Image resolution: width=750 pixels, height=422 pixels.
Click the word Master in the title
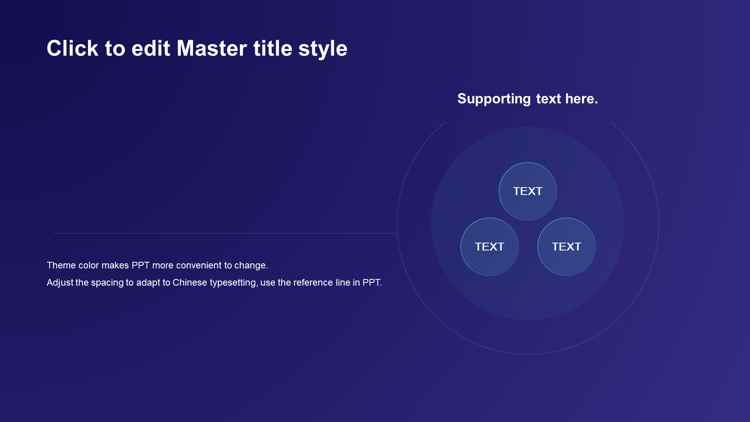[x=212, y=48]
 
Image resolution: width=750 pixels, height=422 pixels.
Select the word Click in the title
[x=72, y=48]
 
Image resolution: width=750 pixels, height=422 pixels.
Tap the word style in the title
[x=323, y=50]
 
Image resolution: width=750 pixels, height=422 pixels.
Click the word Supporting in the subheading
[x=494, y=99]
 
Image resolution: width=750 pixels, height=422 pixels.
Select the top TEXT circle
[x=528, y=191]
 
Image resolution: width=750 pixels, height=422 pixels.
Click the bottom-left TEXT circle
[x=489, y=247]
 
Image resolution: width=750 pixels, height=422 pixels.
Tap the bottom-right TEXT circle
[x=566, y=247]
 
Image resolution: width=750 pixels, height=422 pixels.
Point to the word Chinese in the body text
[x=190, y=283]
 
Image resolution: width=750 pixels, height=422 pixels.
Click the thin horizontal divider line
[x=225, y=233]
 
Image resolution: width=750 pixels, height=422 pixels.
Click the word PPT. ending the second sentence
[x=372, y=283]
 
